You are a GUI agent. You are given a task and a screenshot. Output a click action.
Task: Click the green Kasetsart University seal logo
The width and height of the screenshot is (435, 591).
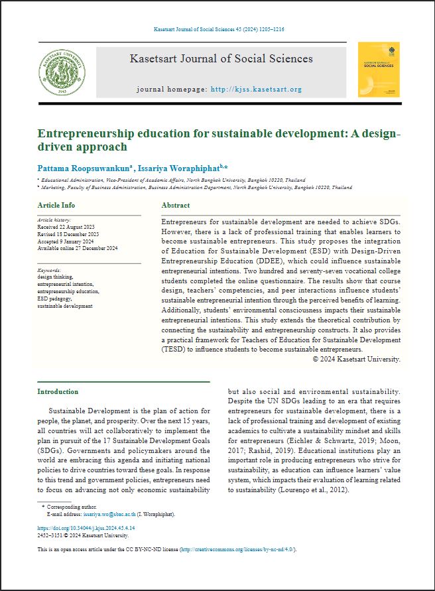click(62, 72)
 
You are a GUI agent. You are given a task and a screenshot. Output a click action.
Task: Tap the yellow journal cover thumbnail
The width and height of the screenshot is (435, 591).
click(379, 70)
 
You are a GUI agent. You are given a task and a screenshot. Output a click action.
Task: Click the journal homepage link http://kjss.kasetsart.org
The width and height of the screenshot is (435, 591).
click(256, 89)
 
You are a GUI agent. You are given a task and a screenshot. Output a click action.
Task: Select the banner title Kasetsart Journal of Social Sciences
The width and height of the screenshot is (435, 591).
click(221, 58)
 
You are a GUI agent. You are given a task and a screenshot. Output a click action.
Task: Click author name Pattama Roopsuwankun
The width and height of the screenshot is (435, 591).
click(78, 168)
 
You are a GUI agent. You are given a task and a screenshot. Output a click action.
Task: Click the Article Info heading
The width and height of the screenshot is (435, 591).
click(56, 206)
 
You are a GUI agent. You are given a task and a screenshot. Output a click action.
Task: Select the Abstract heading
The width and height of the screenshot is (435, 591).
click(175, 206)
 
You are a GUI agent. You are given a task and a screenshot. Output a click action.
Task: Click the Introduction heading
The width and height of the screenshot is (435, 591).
click(58, 391)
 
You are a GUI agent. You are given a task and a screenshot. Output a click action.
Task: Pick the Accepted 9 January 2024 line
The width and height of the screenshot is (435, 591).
click(65, 242)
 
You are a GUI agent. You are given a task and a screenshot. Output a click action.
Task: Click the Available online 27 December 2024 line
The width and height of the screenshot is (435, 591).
click(77, 248)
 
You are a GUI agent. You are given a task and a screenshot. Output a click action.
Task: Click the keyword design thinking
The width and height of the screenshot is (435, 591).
click(56, 277)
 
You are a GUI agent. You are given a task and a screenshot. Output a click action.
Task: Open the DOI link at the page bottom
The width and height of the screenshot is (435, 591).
click(82, 529)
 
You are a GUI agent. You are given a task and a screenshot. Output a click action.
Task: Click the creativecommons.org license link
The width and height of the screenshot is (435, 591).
click(237, 550)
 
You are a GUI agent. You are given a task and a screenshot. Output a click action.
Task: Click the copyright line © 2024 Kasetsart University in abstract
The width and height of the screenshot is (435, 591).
click(357, 359)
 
